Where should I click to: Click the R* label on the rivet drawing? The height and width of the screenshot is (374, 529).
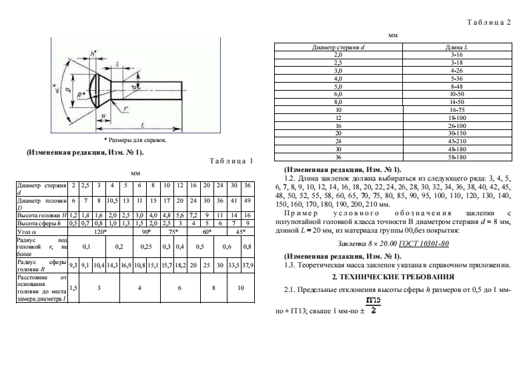(81, 94)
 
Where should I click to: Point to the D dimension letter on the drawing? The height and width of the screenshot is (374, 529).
(67, 87)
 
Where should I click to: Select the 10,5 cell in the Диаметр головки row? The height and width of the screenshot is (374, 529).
(112, 200)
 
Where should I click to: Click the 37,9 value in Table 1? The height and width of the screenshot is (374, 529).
(247, 265)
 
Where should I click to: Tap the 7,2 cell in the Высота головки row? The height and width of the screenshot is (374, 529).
(193, 215)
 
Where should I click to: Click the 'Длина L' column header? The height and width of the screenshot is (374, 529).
(457, 48)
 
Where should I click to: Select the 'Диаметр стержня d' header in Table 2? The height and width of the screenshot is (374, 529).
(338, 48)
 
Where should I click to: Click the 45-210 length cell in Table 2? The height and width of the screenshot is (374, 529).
(457, 141)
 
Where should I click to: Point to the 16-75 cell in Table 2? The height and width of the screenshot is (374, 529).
(457, 109)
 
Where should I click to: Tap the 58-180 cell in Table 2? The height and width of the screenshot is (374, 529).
(457, 157)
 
